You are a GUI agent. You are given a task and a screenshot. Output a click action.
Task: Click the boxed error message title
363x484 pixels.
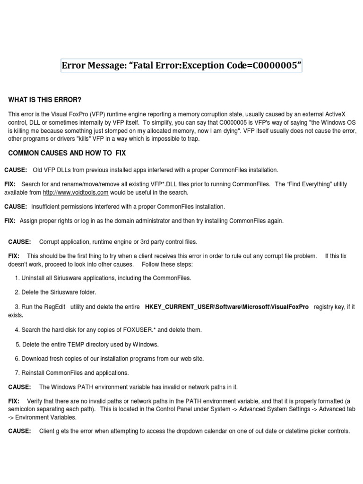click(181, 66)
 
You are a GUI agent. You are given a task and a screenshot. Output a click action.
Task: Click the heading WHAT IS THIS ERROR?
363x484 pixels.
click(45, 100)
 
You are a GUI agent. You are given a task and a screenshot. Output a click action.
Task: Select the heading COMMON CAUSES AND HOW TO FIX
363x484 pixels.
click(67, 154)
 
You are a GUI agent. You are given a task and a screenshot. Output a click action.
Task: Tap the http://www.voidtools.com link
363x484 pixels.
click(76, 192)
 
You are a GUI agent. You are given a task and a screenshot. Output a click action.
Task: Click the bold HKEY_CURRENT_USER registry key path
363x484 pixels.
click(226, 307)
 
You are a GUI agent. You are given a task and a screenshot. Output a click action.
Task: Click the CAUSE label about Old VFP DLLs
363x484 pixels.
click(16, 170)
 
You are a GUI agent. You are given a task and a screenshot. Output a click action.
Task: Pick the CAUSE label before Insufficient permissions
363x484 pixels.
click(16, 207)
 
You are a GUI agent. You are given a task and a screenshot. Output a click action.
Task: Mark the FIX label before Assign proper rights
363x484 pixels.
click(10, 221)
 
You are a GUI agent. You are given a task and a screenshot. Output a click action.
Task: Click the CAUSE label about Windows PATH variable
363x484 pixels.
click(19, 387)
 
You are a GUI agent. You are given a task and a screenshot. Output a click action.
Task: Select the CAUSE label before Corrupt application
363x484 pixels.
click(19, 242)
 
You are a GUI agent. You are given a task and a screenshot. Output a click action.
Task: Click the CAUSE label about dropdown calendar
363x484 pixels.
click(19, 431)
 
